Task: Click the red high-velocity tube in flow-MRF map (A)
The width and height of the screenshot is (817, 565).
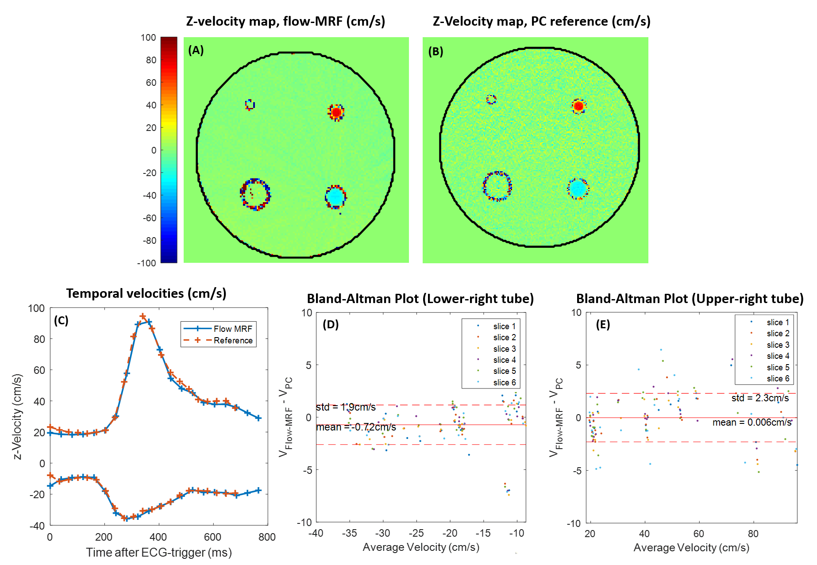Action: [336, 112]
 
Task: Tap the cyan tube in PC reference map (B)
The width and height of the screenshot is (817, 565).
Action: [578, 189]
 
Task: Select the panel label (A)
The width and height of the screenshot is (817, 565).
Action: [196, 50]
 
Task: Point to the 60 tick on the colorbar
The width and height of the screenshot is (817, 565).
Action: [151, 83]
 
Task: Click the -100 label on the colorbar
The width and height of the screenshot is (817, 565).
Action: [146, 263]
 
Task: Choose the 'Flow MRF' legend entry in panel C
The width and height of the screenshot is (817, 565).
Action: [233, 329]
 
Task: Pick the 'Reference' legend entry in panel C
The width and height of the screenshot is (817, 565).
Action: [233, 340]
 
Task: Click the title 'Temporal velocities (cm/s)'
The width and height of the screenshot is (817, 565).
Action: [146, 293]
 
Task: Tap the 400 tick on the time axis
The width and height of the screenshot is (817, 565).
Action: [158, 537]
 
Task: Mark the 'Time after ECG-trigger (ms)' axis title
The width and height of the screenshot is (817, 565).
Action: [159, 553]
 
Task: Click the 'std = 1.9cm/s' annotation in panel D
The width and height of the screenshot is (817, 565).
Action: [346, 407]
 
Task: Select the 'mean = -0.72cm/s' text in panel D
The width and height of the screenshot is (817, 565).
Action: [356, 427]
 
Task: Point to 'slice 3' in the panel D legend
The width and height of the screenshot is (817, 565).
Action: [504, 349]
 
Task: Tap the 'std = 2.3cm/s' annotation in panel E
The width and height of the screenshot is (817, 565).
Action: [760, 398]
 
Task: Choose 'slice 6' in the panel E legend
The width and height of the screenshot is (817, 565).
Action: [778, 378]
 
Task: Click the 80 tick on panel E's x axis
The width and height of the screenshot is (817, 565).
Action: [753, 534]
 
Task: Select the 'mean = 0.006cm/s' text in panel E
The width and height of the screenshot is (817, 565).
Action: [751, 423]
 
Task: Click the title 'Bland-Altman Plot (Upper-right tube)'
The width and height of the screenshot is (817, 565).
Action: [690, 299]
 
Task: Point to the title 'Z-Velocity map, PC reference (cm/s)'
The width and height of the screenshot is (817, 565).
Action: [541, 21]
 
